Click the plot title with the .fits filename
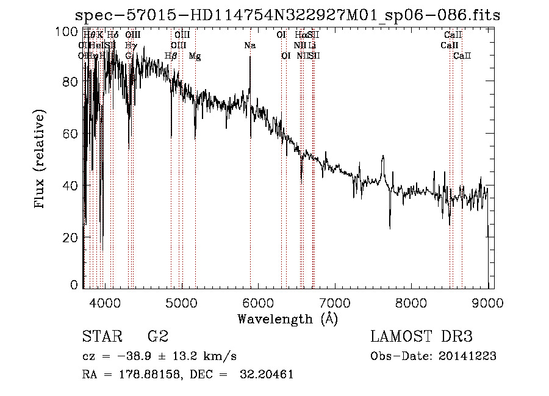pyautogui.click(x=287, y=15)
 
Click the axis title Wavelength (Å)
pyautogui.click(x=287, y=319)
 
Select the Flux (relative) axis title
pyautogui.click(x=41, y=160)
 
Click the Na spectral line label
pyautogui.click(x=249, y=46)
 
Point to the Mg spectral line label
pyautogui.click(x=195, y=56)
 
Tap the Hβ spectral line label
pyautogui.click(x=171, y=56)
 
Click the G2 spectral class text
pyautogui.click(x=158, y=337)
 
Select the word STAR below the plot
pyautogui.click(x=101, y=337)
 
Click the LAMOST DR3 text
pyautogui.click(x=421, y=337)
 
